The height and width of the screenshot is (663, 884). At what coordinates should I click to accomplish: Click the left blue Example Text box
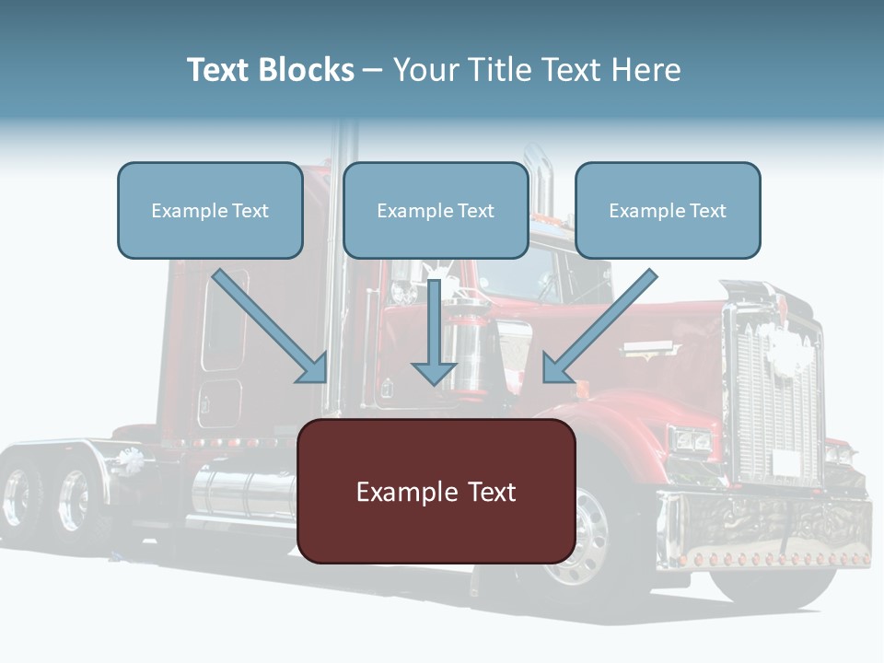click(x=210, y=210)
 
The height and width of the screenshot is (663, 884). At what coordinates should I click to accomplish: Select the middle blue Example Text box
click(x=436, y=210)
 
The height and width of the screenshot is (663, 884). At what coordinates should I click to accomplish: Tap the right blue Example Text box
click(x=668, y=210)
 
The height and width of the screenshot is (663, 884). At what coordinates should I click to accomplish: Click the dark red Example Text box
click(x=436, y=491)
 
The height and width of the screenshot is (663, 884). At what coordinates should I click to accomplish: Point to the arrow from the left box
click(x=272, y=327)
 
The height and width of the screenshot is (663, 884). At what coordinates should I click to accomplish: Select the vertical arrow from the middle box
click(x=434, y=336)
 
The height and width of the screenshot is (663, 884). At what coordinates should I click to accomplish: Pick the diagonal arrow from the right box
click(x=599, y=327)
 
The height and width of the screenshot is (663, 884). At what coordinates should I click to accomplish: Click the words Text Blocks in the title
click(x=270, y=70)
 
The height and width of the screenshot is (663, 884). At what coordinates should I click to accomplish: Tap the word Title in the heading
click(x=498, y=70)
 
